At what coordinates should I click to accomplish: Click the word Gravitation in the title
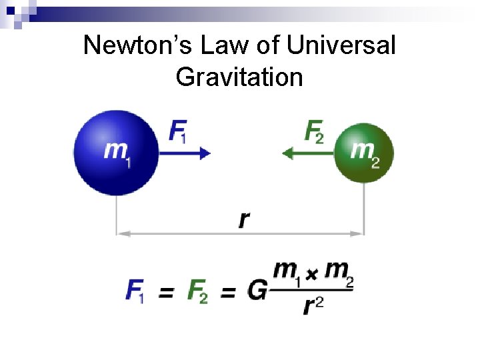(239, 77)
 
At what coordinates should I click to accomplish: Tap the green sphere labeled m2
(363, 153)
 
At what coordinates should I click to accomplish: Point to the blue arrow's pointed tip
(209, 153)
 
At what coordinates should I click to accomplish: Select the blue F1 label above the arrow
(177, 130)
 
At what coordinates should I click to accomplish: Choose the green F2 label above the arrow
(314, 130)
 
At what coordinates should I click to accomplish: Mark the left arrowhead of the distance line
(120, 233)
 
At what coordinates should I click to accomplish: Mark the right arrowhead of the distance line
(361, 233)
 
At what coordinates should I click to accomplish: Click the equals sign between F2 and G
(228, 291)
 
